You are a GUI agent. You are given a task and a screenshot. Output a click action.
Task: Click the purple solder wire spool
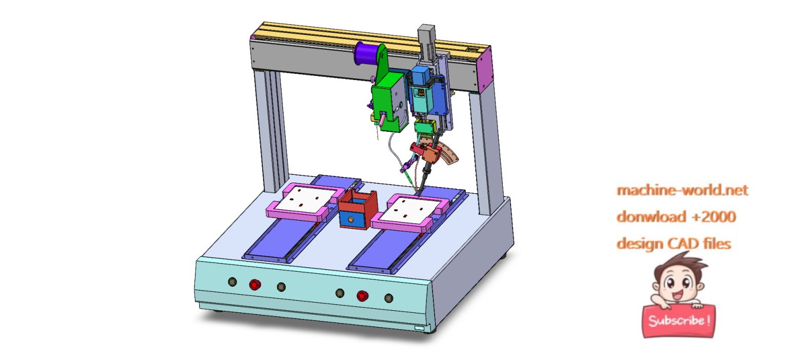point(366,53)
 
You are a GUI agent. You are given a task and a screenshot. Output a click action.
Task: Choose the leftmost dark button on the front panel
point(232,282)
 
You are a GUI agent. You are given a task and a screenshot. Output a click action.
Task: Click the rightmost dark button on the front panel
point(389,298)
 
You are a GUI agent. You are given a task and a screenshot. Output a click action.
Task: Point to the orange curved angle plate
point(449,154)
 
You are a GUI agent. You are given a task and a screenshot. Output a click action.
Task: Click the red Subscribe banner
point(679,321)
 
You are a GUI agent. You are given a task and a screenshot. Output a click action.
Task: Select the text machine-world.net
point(682,190)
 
